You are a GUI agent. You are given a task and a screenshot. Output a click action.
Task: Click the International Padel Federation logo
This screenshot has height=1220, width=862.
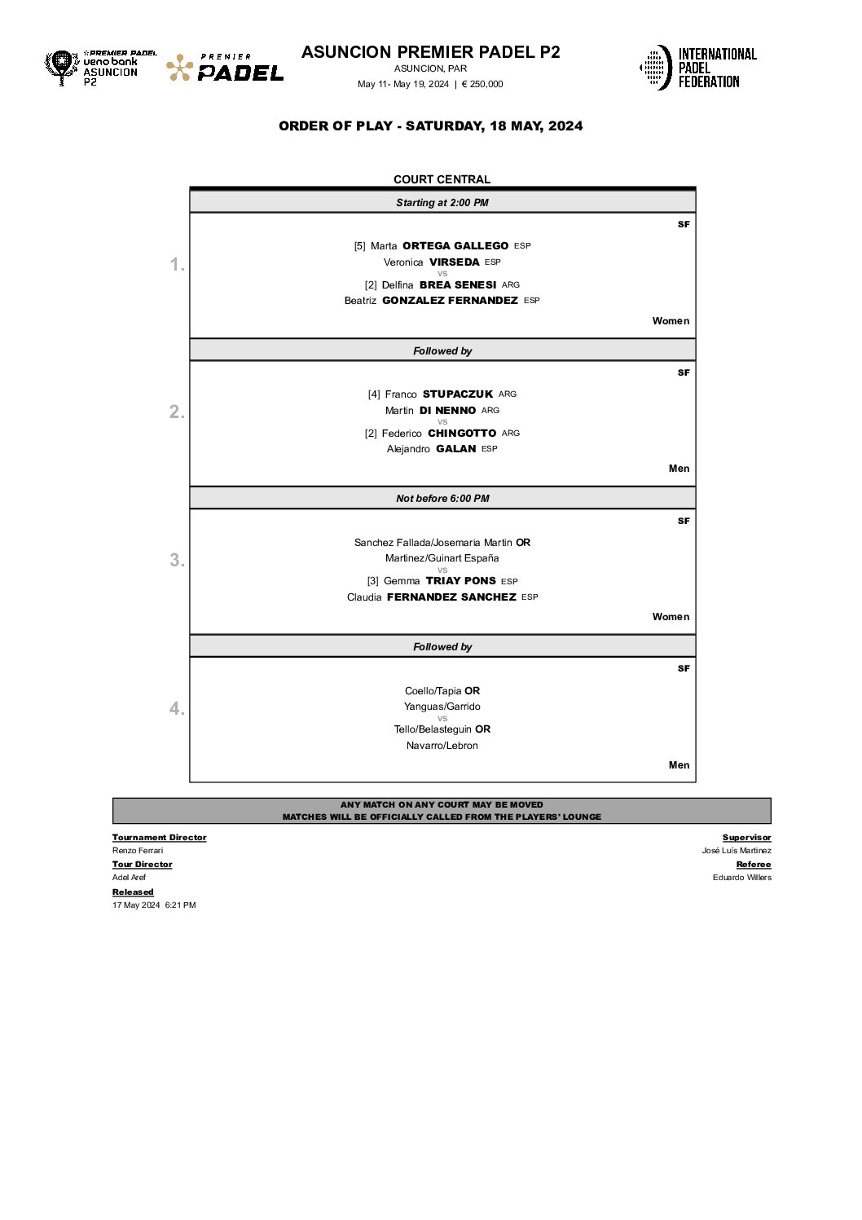(698, 68)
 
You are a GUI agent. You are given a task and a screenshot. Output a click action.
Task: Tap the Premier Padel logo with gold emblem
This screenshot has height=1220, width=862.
(225, 68)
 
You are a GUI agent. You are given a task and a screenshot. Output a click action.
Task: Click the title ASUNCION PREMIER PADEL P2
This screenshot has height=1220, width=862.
(430, 52)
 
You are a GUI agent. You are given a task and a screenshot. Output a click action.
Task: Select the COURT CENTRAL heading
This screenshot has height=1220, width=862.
(442, 179)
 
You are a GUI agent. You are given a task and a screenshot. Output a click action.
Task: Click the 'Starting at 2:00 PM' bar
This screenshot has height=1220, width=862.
(442, 203)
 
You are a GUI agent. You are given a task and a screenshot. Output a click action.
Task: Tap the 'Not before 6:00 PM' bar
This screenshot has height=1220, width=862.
(442, 499)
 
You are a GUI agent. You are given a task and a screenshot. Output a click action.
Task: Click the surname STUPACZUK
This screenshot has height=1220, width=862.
(458, 394)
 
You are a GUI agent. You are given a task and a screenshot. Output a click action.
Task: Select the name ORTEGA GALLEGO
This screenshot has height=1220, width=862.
(455, 246)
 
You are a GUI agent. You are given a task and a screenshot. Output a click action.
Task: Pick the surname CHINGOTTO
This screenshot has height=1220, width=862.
(462, 434)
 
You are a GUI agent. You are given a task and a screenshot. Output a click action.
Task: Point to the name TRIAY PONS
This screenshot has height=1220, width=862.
(460, 581)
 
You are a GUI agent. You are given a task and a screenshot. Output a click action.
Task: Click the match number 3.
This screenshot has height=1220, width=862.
(177, 561)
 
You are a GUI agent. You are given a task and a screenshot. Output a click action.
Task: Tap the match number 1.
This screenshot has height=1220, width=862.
(177, 265)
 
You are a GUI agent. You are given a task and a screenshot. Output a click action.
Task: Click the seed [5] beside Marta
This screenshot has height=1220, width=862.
(359, 246)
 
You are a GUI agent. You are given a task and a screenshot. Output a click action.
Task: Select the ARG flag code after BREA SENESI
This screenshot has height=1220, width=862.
(511, 285)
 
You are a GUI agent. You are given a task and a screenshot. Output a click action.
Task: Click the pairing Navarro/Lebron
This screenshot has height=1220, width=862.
(442, 746)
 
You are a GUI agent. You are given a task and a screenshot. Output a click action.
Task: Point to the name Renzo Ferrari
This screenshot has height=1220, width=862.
(138, 851)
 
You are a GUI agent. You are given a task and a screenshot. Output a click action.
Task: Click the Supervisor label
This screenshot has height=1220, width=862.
(746, 838)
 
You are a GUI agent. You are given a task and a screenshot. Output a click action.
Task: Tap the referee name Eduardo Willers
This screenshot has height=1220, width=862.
(741, 878)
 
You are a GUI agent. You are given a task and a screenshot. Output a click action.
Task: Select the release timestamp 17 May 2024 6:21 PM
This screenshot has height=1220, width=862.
(154, 905)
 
